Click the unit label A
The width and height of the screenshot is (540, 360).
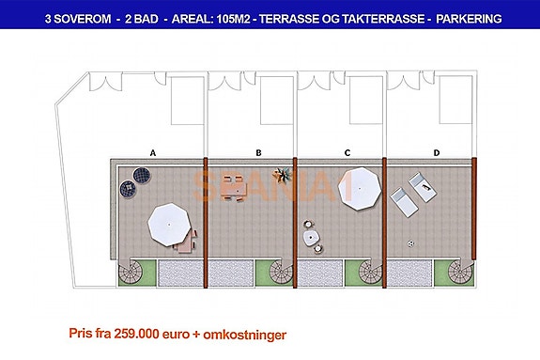click(x=153, y=150)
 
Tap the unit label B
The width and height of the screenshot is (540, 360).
click(x=258, y=150)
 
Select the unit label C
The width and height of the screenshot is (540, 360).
click(x=347, y=150)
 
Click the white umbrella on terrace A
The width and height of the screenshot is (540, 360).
click(x=172, y=224)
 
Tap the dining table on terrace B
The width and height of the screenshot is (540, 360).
click(x=234, y=189)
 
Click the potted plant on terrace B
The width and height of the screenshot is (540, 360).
click(x=281, y=175)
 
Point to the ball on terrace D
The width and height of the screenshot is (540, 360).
click(x=410, y=243)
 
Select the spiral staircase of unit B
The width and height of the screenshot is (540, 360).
click(x=282, y=274)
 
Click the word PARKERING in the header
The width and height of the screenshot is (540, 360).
click(x=467, y=18)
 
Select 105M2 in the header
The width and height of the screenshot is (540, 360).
click(x=245, y=18)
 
